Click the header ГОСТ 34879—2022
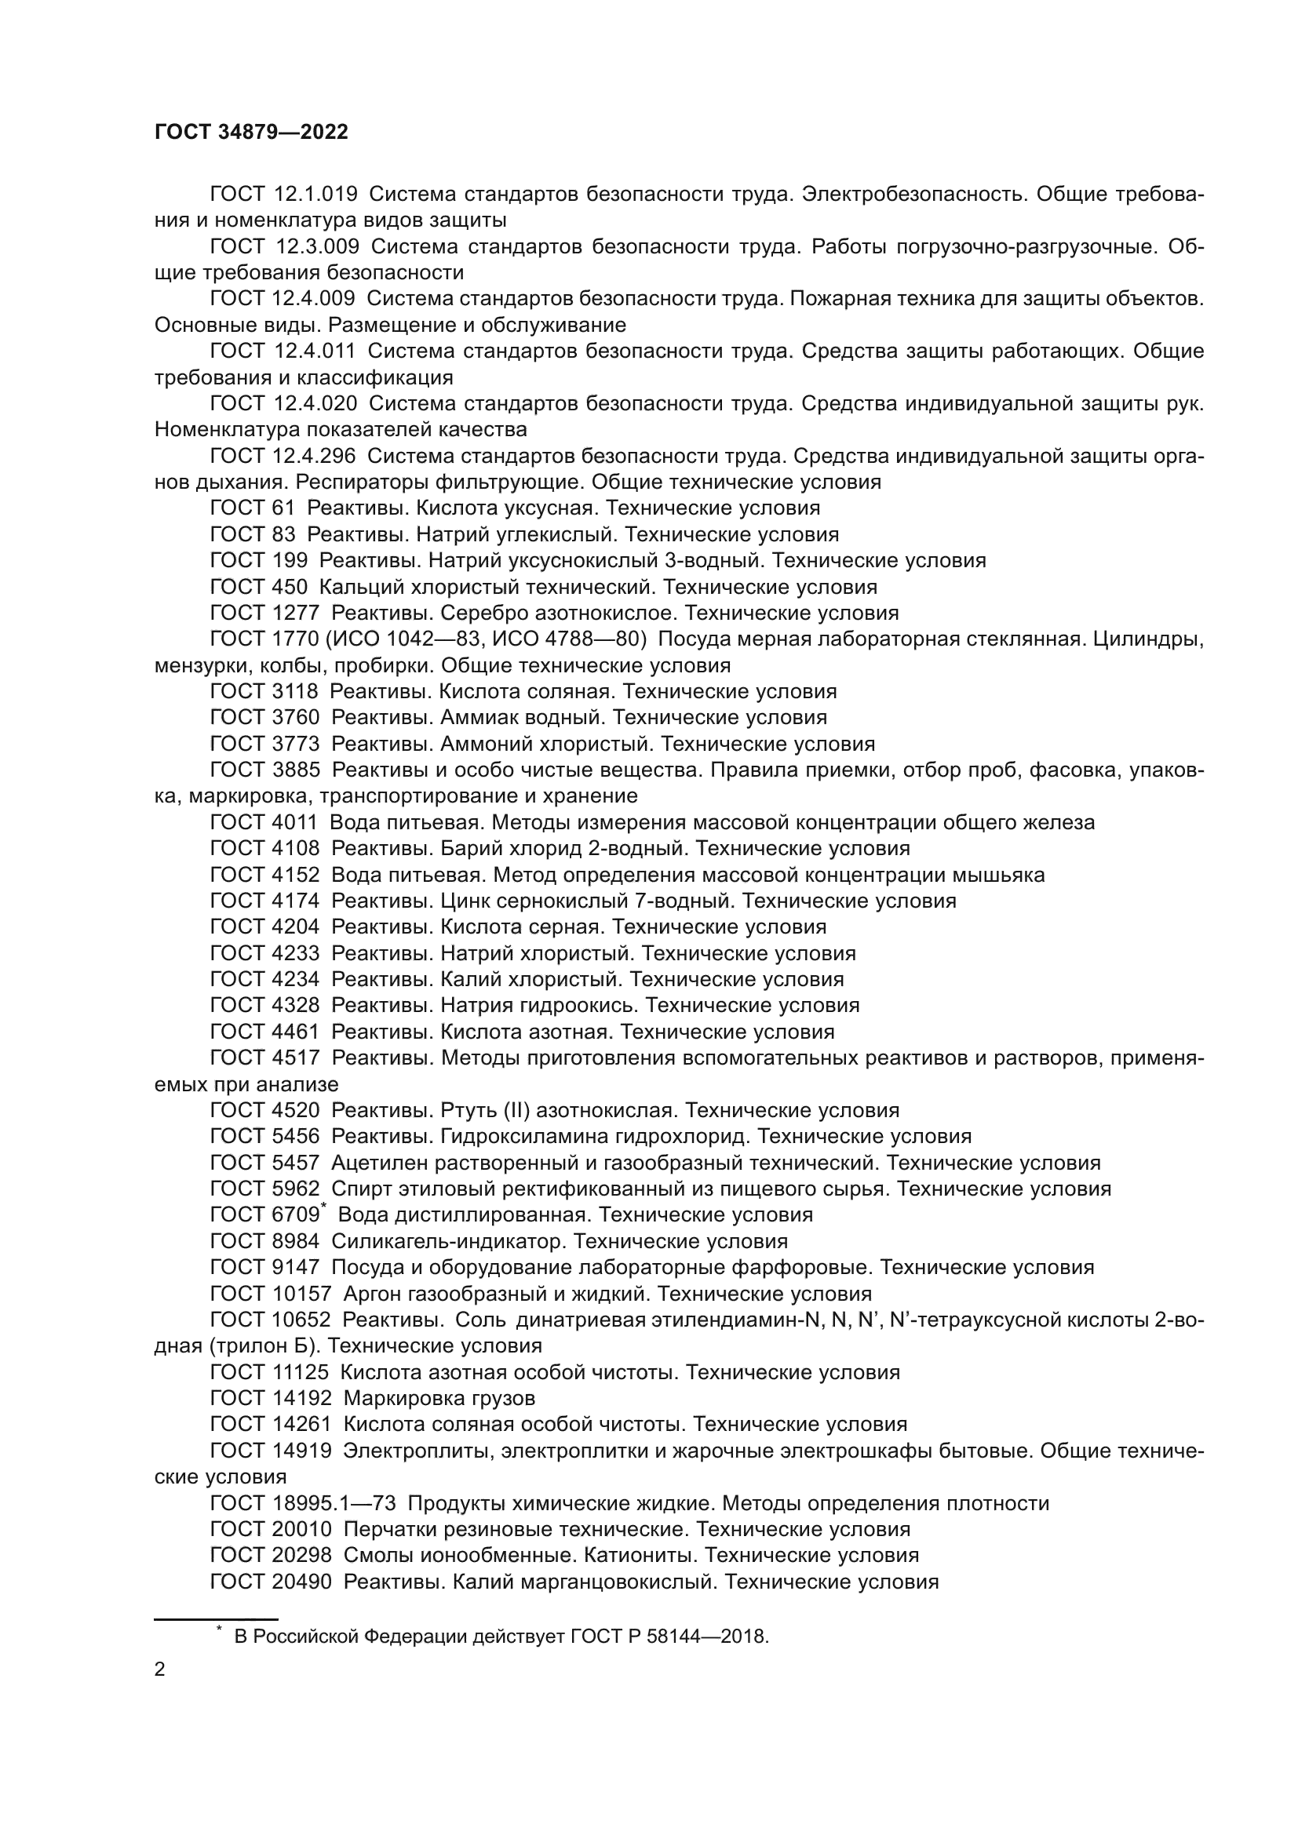coord(251,133)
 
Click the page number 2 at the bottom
coord(160,1669)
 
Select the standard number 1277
coord(297,613)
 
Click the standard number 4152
coord(297,874)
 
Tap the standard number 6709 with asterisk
coord(297,1214)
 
